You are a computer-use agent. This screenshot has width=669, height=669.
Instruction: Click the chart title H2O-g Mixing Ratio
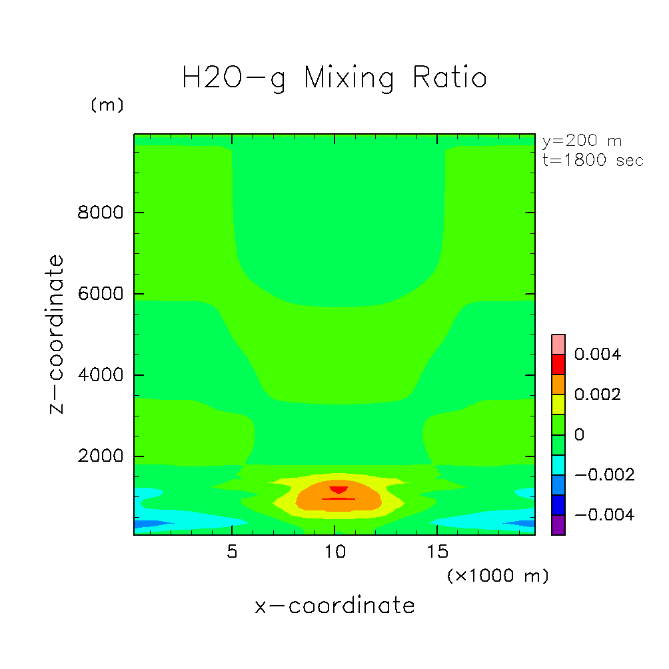point(334,79)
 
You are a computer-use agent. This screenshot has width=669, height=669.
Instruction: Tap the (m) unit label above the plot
point(107,105)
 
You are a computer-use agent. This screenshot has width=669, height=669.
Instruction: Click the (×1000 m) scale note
point(498,576)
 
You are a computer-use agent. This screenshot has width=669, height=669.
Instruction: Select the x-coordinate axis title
point(334,606)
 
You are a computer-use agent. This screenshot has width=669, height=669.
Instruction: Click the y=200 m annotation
point(582,141)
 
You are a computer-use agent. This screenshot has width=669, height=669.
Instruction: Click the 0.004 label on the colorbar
point(597,354)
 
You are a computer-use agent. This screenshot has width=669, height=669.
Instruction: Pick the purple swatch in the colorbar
point(558,524)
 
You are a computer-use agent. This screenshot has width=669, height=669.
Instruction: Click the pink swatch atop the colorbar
point(558,344)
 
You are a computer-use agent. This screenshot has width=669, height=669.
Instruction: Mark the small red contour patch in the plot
point(338,489)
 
